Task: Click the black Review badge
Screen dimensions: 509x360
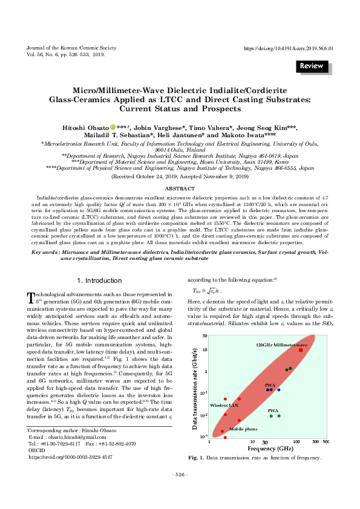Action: coord(312,65)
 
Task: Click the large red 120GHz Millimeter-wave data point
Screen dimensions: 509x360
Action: coord(301,350)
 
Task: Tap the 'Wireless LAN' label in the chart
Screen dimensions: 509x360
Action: coord(224,405)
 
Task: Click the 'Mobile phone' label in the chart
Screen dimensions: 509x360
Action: coord(243,429)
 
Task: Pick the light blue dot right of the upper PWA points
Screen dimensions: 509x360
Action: coord(278,390)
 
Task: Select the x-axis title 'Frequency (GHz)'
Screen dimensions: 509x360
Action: coord(263,449)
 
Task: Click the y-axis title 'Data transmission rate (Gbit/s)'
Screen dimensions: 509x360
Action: coord(195,387)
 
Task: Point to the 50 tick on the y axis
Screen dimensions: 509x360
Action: coord(205,336)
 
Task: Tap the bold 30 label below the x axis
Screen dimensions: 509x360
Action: coord(265,443)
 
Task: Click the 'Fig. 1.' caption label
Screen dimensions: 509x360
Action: coord(196,458)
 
